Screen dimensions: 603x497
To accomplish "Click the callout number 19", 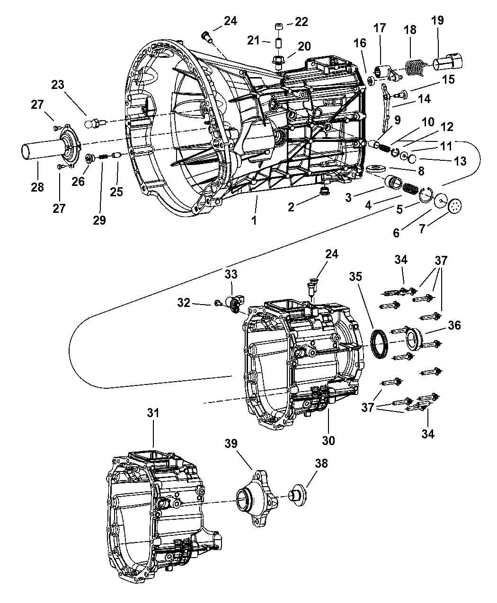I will point(438,20).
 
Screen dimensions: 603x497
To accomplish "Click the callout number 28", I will point(37,187).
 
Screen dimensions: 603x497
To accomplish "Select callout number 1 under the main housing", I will point(254,220).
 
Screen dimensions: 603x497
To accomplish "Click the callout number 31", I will point(153,413).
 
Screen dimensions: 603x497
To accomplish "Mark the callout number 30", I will point(328,440).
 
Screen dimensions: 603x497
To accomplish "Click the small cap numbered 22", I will point(279,25).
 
